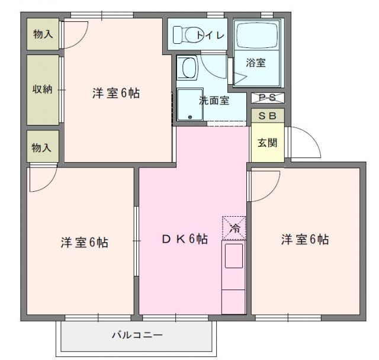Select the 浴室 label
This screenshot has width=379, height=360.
pos(256,61)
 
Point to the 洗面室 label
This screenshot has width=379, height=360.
pos(214,100)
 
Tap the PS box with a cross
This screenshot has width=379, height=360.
pos(268,98)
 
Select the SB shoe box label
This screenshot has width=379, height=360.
pos(268,115)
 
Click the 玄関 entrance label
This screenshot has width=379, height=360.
pos(267,142)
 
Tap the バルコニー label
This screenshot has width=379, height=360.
pos(137,336)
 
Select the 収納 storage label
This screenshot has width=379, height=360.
pos(43,89)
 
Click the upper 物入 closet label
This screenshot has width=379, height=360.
pos(43,34)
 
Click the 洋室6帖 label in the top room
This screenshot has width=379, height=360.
pos(115,93)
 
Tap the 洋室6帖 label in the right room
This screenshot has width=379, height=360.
pos(305,239)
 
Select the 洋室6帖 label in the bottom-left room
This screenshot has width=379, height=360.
pos(84,242)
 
